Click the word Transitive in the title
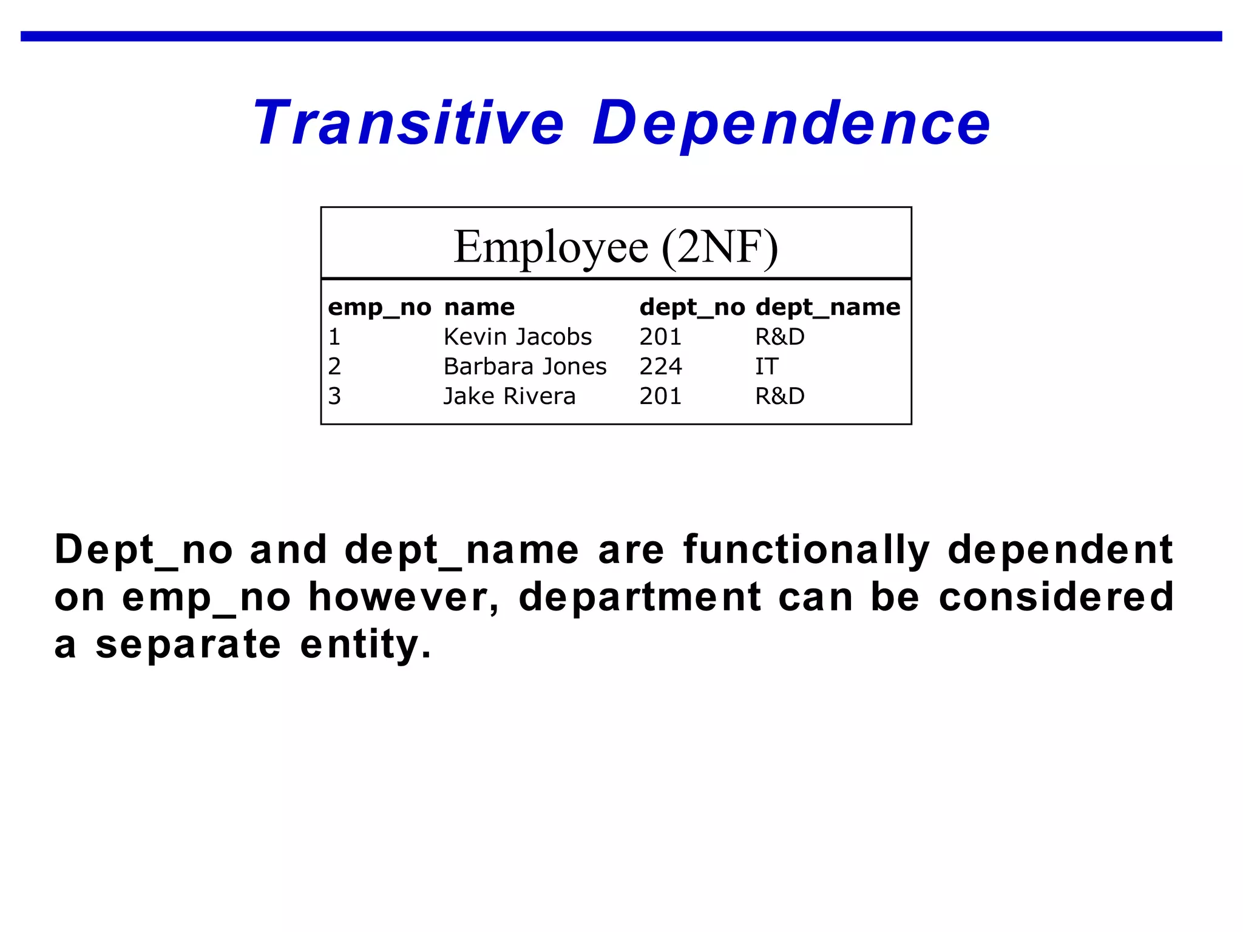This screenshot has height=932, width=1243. tap(408, 123)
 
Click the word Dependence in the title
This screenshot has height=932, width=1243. tap(791, 123)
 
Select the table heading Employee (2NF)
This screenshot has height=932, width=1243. tap(615, 247)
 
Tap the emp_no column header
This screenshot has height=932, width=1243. tap(379, 307)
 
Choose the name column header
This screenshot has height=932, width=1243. tap(479, 307)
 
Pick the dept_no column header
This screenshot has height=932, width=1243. tap(692, 307)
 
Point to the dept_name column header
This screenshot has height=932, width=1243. tap(828, 307)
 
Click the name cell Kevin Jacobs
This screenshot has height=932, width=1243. tap(518, 337)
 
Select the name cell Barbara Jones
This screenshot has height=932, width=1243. tap(525, 366)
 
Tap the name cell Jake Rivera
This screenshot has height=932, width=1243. tap(509, 396)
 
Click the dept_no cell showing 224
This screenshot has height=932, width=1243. tap(660, 366)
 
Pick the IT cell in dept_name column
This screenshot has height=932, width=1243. tap(767, 366)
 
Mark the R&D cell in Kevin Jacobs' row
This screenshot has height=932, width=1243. tap(780, 337)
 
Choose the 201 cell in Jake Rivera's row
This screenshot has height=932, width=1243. tap(660, 396)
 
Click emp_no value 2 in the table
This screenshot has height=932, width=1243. tap(334, 366)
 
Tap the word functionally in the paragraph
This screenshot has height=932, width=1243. tap(807, 550)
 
